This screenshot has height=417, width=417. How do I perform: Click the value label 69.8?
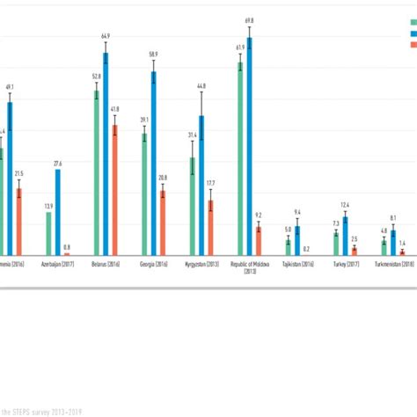click(x=249, y=18)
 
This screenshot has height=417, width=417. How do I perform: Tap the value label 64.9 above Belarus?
click(x=106, y=35)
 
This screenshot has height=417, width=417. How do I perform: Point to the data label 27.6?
click(x=58, y=164)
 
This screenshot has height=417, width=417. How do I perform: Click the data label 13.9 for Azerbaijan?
click(x=48, y=206)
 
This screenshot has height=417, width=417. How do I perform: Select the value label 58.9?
click(x=154, y=54)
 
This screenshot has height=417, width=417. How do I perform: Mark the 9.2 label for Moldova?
click(x=259, y=215)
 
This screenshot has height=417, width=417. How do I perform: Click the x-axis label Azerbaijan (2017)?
click(x=57, y=263)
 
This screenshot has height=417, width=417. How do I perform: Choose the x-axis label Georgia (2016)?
click(x=154, y=263)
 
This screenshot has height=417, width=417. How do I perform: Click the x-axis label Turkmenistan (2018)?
click(x=394, y=263)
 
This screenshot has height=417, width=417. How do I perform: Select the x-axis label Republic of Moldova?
click(x=250, y=267)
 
